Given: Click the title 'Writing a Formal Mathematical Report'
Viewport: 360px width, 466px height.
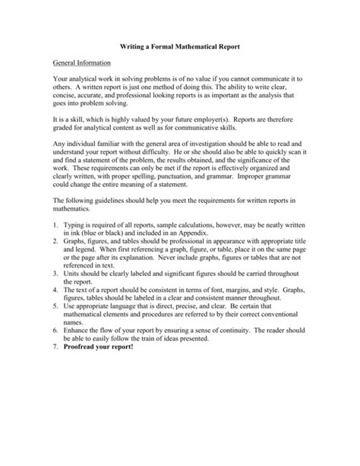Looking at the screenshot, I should click(180, 47).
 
